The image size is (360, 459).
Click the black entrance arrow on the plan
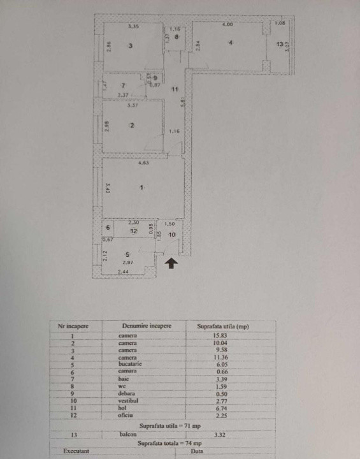point(171,263)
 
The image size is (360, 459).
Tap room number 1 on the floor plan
point(143,188)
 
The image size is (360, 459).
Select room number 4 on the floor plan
point(231,43)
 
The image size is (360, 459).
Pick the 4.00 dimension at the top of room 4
point(227,25)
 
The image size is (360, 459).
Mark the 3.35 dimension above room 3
point(133,27)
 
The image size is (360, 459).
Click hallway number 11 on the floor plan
point(173,89)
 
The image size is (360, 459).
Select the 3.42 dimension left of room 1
point(108,189)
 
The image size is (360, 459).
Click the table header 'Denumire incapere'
point(147,326)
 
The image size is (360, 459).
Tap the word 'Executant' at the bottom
point(76,451)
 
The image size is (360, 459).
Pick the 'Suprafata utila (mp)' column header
point(222,326)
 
